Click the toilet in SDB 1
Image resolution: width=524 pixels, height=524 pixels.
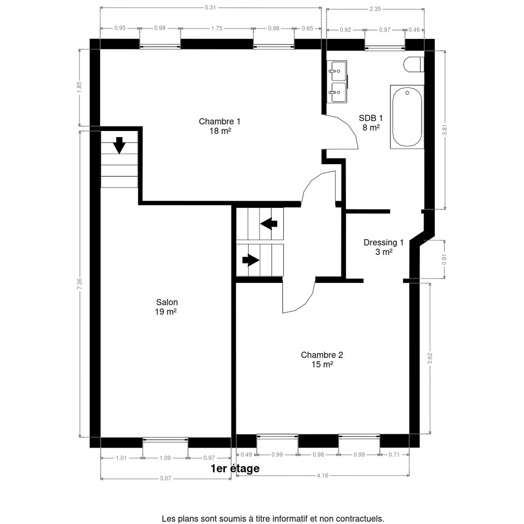click(x=414, y=65)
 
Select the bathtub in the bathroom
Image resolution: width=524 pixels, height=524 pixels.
click(x=407, y=117)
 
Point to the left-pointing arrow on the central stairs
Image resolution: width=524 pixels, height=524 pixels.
click(x=269, y=224)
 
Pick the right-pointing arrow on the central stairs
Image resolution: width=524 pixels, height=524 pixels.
click(x=251, y=260)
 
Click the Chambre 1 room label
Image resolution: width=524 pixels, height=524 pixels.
click(x=220, y=126)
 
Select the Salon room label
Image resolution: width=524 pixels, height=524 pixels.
click(x=166, y=307)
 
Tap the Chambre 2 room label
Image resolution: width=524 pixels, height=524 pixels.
click(x=322, y=359)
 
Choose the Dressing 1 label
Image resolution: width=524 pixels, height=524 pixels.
click(x=384, y=247)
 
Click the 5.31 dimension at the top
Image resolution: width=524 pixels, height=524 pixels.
click(x=210, y=7)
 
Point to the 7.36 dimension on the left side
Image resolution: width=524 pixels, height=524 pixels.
click(x=79, y=284)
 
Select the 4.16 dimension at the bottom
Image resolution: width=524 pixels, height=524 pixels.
click(x=323, y=476)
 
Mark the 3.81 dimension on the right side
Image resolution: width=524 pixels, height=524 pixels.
click(x=445, y=130)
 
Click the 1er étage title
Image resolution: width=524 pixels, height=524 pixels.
click(x=235, y=468)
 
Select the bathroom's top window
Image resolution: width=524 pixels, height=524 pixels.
click(x=385, y=48)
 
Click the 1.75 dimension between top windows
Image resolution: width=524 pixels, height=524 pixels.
click(x=217, y=28)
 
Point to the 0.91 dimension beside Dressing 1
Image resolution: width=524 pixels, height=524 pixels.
click(x=445, y=259)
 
